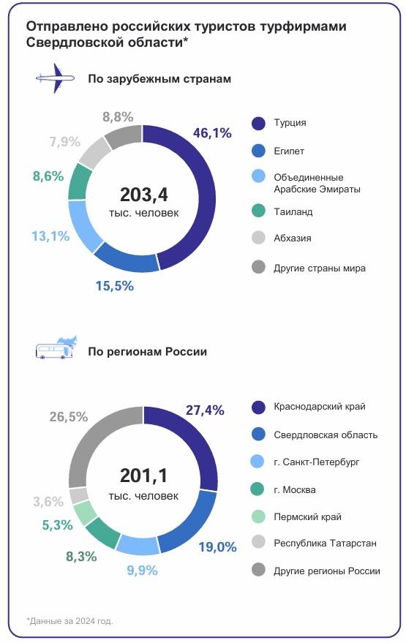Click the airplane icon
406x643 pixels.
coord(55,78)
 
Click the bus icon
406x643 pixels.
coord(55,350)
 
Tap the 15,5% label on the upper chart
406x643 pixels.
coord(114,286)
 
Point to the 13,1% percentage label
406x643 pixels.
coord(50,236)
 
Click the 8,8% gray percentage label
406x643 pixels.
coord(117,116)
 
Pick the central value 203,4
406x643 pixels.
coord(143,195)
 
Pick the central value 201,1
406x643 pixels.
coord(143,475)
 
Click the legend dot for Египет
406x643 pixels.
coord(257,151)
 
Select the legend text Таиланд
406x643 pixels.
coord(293,211)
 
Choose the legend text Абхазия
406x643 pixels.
coord(292,238)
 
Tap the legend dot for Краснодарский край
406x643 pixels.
coord(257,407)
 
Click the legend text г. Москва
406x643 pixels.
coord(294,489)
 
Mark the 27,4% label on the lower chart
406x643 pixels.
coord(204,410)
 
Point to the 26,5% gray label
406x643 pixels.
coord(68,417)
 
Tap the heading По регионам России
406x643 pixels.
coord(147,351)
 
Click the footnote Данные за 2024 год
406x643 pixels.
coord(70,620)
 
